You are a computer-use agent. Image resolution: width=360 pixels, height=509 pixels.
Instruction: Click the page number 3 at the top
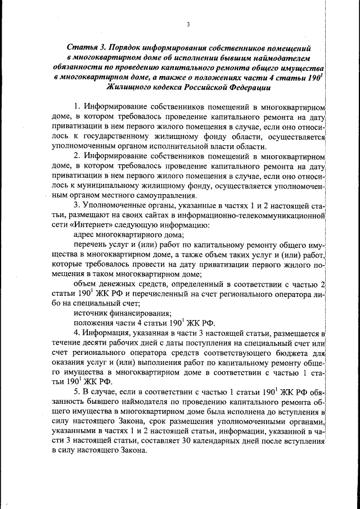[188, 24]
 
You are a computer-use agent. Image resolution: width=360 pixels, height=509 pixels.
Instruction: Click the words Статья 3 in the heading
[85, 48]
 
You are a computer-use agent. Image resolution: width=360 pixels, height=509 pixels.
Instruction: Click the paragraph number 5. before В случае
[77, 391]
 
